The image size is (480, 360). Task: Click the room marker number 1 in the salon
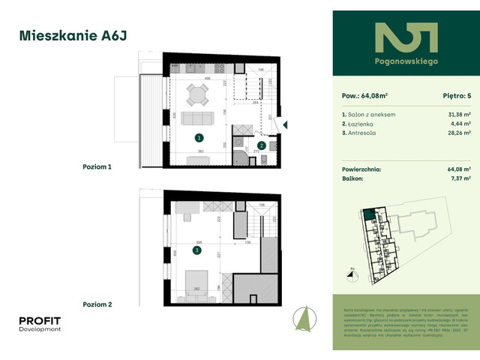[199, 138]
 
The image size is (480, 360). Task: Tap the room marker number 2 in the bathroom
[261, 145]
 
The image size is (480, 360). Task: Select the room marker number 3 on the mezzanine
[197, 250]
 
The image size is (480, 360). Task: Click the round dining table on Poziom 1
[198, 95]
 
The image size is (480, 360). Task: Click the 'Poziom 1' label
[97, 167]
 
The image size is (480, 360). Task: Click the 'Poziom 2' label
[97, 304]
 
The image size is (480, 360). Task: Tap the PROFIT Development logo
[40, 325]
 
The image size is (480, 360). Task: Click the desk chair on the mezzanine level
[187, 218]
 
